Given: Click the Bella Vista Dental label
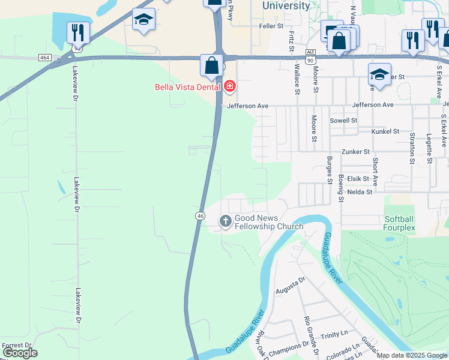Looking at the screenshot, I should (188, 87).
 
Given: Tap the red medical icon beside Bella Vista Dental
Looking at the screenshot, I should (230, 87).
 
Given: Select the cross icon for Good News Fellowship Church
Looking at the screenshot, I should (226, 222).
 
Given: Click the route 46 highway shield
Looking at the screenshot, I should (200, 215).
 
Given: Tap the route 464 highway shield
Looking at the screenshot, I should (44, 57).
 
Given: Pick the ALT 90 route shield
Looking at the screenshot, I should (310, 56).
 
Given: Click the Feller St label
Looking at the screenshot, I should (271, 26).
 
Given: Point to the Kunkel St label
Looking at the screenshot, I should (385, 131).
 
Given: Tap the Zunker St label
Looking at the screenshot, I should (355, 152).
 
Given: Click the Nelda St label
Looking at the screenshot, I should (360, 192).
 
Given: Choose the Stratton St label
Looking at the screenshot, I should (412, 148).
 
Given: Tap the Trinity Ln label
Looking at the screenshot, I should (334, 337).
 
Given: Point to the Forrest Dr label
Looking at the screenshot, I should (17, 346).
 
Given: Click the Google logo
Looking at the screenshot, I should (20, 353).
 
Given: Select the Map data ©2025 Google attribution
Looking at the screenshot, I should (412, 355).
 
